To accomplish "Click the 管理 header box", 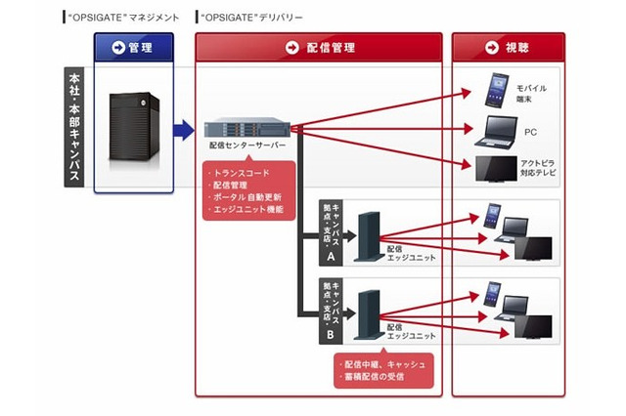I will [x=134, y=47].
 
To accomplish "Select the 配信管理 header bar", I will [x=319, y=47].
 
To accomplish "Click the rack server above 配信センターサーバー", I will [x=247, y=127].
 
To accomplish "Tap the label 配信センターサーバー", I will [x=247, y=146].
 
